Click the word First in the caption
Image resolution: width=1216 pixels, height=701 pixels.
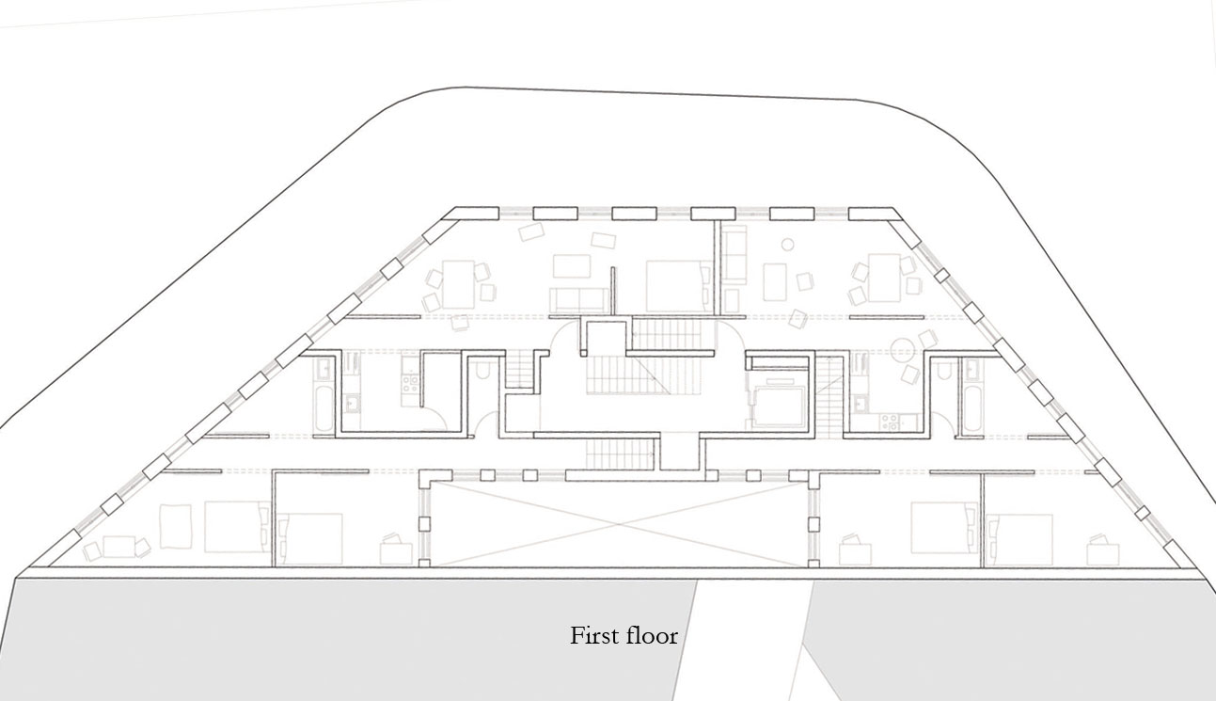point(591,636)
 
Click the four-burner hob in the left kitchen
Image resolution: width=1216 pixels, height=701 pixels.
point(411,384)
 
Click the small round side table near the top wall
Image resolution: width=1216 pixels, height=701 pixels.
point(788,245)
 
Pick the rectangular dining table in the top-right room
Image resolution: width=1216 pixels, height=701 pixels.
point(883,276)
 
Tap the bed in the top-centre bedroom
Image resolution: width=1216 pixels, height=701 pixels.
point(674,285)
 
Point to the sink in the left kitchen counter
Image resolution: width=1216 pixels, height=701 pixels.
point(350,404)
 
